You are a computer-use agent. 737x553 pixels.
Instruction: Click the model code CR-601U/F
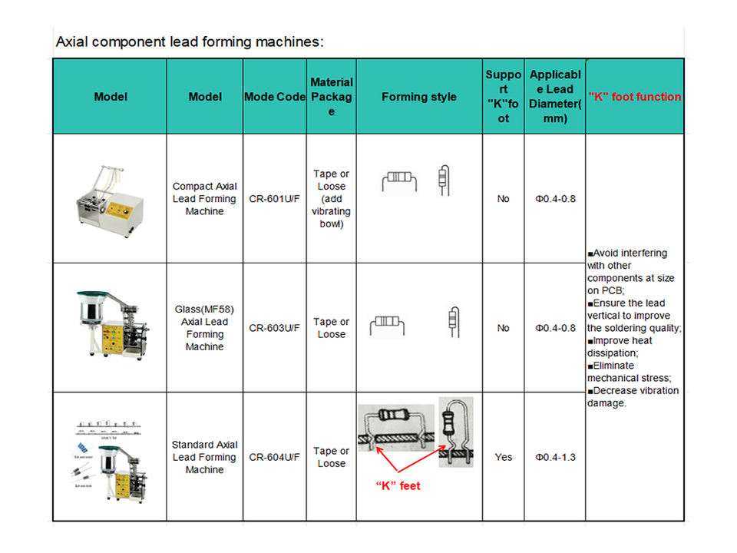coord(274,199)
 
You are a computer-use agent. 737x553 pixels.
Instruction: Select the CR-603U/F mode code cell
coord(274,328)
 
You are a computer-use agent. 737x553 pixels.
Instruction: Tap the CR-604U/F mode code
coord(274,457)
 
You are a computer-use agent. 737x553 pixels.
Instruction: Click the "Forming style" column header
coord(418,97)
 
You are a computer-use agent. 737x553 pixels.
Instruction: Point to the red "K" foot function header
coord(634,97)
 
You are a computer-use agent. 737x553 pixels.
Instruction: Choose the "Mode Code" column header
coord(274,97)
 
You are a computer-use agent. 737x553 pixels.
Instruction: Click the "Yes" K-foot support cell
coord(503,457)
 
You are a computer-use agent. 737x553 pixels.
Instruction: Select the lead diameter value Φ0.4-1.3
coord(555,457)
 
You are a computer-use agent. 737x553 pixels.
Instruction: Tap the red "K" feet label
coord(398,486)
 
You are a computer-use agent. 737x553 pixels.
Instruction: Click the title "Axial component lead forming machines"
coord(190,41)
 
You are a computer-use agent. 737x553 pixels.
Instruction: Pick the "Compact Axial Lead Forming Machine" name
coord(204,199)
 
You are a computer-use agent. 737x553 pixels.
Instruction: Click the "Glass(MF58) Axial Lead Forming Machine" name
coord(204,328)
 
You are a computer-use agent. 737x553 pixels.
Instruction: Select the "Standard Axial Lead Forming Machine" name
coord(204,457)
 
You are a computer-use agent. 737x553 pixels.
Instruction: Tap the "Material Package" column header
coord(332,97)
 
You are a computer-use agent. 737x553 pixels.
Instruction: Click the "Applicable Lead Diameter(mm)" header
coord(555,97)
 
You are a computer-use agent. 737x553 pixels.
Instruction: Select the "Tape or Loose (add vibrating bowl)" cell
coord(332,199)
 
